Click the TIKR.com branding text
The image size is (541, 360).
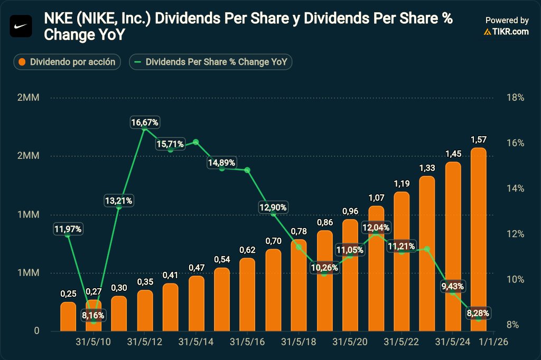click(x=506, y=32)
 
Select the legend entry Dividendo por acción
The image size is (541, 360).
click(x=67, y=62)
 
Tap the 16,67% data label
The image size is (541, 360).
click(x=145, y=122)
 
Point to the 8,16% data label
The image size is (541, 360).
click(x=93, y=316)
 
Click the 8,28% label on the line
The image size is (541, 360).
click(x=478, y=314)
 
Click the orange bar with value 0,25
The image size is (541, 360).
click(x=68, y=316)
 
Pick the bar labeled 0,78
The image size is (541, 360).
click(x=299, y=285)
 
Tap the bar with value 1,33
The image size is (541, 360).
click(x=427, y=253)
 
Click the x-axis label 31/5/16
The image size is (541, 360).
click(x=247, y=342)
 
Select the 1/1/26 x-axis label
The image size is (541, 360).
click(x=493, y=342)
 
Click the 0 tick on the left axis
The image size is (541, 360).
click(x=37, y=331)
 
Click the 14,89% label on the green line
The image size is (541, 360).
click(x=221, y=163)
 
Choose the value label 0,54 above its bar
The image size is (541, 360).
click(x=222, y=260)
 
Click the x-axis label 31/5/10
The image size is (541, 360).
click(x=93, y=342)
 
